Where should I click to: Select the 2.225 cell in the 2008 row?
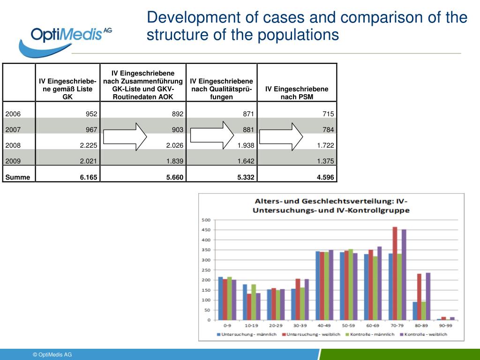pos(89,145)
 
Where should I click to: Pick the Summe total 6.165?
pos(89,177)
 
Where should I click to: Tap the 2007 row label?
pos(13,130)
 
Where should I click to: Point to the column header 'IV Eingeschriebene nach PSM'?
pos(297,93)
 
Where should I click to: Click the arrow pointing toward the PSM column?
pos(281,137)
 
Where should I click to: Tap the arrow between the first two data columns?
pos(125,137)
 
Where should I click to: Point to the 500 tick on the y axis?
pos(206,220)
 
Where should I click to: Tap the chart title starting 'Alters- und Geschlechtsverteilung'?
pos(331,205)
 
